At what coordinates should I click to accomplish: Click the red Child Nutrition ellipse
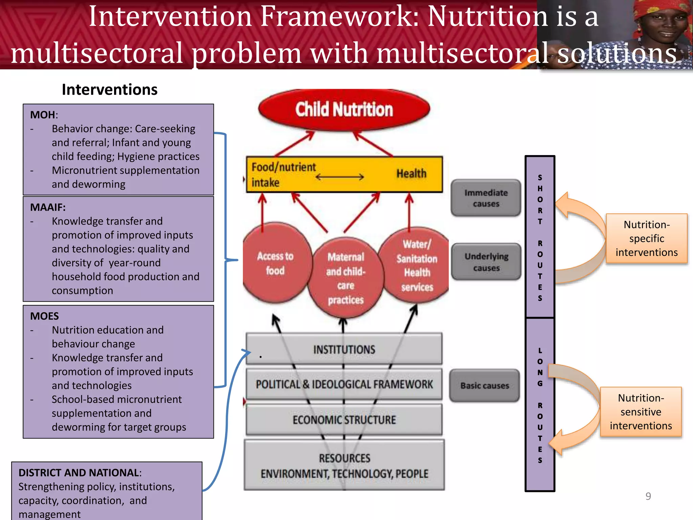[344, 110]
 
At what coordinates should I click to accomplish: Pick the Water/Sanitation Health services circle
[417, 265]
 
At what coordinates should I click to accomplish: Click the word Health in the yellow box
[411, 174]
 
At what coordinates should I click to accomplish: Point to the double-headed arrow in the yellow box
[339, 177]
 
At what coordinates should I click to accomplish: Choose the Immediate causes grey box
[486, 198]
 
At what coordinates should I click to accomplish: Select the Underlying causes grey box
[486, 262]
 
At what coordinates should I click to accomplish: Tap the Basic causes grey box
[485, 386]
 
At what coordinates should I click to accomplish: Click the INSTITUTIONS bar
[344, 349]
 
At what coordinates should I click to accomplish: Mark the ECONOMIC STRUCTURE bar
[344, 420]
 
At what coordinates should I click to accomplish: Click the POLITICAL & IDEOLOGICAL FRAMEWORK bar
[344, 384]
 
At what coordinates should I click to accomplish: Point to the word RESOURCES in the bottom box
[344, 458]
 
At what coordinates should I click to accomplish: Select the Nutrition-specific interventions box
[646, 238]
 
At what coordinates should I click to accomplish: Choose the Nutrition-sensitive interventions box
[641, 412]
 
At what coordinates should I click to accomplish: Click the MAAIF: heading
[48, 207]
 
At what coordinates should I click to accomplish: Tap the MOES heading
[44, 316]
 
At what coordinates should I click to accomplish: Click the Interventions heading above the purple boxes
[110, 90]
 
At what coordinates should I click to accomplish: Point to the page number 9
[648, 496]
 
